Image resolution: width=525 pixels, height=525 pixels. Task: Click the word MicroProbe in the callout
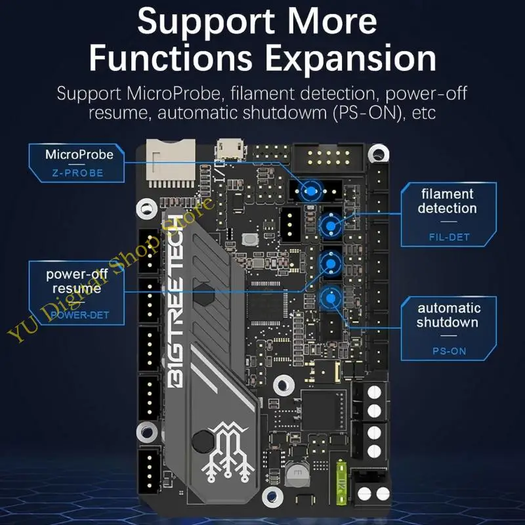coord(79,156)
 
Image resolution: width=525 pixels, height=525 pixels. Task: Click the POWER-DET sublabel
coord(80,316)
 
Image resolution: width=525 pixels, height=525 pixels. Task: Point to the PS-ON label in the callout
coord(449,351)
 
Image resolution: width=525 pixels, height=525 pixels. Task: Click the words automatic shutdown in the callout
coord(448,315)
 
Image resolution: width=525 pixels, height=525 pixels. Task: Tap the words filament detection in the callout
coord(447,201)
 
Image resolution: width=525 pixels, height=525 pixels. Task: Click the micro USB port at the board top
coord(230,150)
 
